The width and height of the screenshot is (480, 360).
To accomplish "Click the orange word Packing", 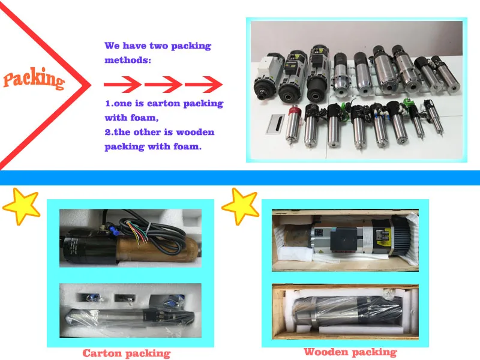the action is pos(34,79).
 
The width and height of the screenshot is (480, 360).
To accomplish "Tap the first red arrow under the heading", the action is pos(122,83).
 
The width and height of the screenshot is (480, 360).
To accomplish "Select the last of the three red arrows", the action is pos(200,83).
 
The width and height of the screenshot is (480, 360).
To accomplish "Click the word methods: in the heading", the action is pos(129,60).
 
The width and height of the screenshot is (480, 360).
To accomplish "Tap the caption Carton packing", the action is pos(126,353).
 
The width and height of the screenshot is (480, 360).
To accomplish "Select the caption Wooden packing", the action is pos(350,352).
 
